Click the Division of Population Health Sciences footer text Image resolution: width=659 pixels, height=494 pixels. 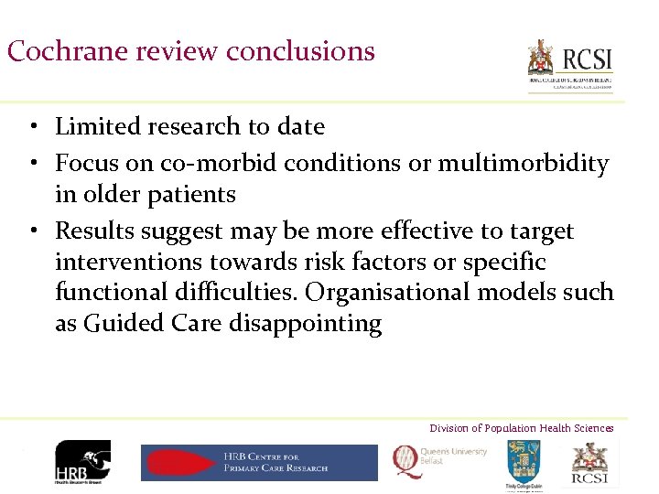click(522, 428)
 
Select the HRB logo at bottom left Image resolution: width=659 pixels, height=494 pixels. click(83, 462)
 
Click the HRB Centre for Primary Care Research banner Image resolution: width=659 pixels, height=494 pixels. click(259, 463)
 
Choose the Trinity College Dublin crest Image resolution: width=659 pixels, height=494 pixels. click(523, 463)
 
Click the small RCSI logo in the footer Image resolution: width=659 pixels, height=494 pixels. click(590, 461)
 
